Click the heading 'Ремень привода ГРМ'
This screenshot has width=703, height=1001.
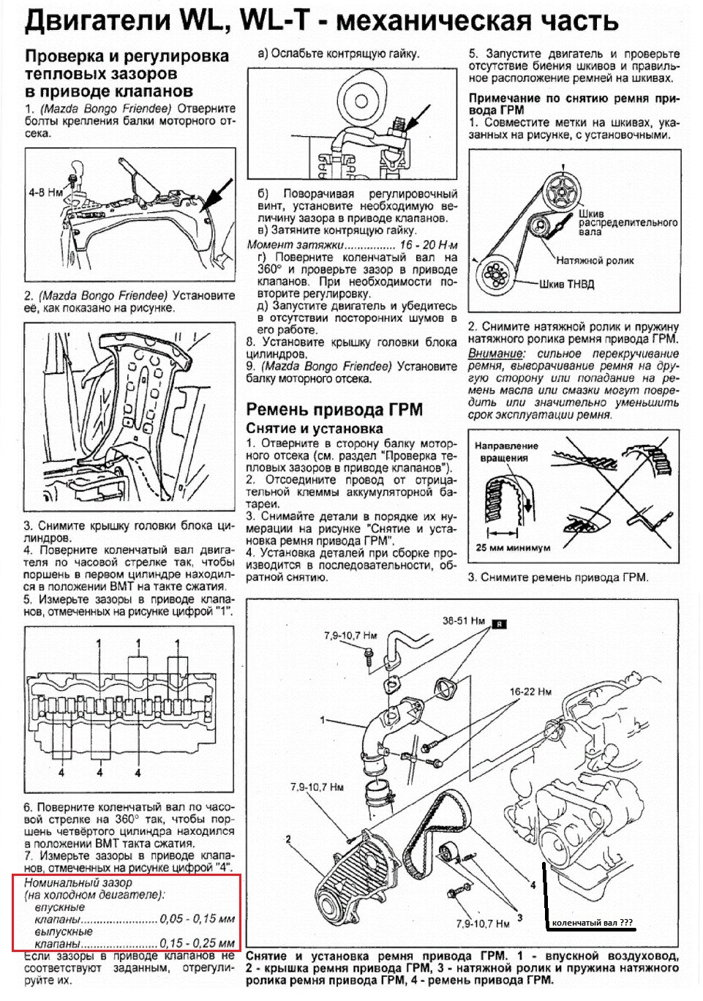[334, 409]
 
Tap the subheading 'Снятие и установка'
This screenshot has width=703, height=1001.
[315, 428]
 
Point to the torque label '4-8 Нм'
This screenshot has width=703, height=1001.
[45, 192]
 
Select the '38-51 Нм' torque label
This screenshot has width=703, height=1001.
[464, 621]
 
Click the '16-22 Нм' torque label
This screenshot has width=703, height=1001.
[530, 691]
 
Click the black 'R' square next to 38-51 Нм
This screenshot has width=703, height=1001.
[499, 623]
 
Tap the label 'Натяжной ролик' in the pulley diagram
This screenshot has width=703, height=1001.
[595, 260]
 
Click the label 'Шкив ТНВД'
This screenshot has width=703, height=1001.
[566, 284]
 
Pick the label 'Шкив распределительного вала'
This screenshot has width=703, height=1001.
[628, 222]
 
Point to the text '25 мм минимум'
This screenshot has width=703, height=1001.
[513, 547]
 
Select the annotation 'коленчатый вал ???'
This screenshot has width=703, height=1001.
[592, 923]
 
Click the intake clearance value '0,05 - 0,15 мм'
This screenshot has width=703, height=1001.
[197, 919]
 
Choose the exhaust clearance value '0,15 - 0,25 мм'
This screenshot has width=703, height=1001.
[197, 943]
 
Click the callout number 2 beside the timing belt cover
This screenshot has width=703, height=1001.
[288, 839]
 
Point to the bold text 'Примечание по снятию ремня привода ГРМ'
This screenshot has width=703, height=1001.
[574, 104]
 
